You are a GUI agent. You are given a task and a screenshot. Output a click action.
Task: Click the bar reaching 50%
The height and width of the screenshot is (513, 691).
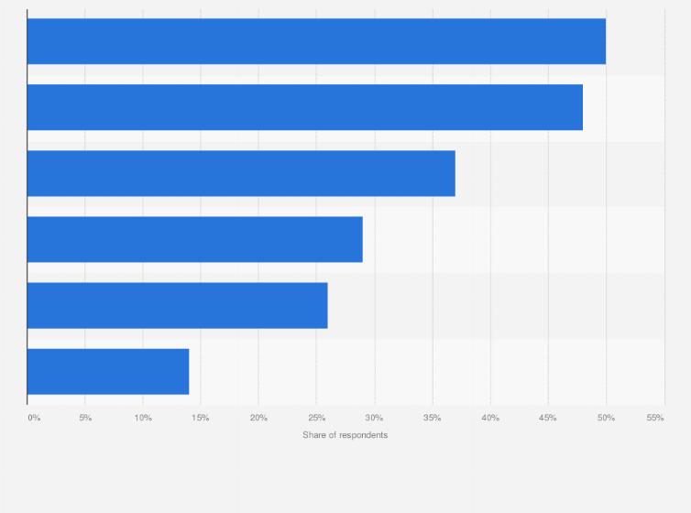pos(316,41)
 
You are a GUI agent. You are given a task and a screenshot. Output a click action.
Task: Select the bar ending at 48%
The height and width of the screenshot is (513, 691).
pos(305,107)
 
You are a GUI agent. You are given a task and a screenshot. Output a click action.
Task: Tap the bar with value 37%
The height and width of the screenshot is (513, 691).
pos(241,173)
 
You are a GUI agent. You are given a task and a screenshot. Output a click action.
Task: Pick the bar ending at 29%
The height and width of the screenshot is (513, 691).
pos(195,239)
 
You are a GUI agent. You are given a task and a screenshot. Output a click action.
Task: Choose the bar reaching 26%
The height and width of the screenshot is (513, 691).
pos(178,305)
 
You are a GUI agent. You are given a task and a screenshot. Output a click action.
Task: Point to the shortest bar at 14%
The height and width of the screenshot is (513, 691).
pos(108,371)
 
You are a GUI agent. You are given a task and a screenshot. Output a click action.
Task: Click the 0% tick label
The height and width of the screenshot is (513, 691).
pos(34,418)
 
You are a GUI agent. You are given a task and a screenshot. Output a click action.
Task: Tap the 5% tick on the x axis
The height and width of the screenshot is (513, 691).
pos(85,418)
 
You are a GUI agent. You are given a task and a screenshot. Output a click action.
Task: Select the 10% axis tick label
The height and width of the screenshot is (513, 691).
pos(143,418)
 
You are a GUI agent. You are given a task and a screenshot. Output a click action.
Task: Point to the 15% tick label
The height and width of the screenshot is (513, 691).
pos(201,418)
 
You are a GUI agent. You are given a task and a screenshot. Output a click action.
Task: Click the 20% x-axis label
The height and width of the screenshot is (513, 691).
pos(258,418)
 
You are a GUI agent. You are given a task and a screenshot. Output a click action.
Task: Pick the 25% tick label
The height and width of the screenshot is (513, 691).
pos(316,418)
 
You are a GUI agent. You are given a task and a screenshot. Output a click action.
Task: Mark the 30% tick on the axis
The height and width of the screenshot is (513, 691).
pos(374,418)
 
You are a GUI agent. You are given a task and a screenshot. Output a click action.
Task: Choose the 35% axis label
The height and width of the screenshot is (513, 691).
pos(432,418)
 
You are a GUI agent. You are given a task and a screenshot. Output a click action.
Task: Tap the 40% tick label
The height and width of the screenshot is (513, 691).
pos(490,418)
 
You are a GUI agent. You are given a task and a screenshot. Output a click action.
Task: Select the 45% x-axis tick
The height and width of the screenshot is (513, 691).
pos(548,418)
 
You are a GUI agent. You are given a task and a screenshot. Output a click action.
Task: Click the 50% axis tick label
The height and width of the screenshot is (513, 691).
pos(606,418)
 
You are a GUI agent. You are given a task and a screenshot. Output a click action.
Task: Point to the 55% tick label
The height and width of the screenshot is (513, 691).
pos(655,418)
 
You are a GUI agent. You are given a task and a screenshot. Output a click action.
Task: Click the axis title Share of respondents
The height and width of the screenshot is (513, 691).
pos(345,434)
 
